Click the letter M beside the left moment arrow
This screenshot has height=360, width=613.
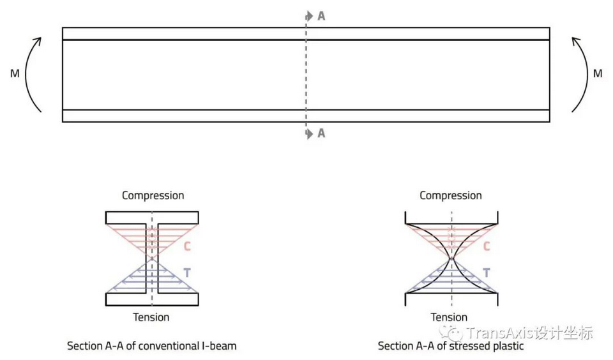[15, 74]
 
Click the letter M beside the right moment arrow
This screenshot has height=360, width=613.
[598, 74]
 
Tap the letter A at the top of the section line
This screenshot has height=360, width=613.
[321, 16]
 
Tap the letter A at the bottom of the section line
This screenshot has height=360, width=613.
[321, 133]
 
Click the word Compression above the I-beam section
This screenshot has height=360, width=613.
[153, 195]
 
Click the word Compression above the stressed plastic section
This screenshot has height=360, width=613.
[451, 195]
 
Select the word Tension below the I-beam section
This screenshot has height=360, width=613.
[151, 317]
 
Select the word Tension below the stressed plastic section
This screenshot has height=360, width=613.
[449, 317]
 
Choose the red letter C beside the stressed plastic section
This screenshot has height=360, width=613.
[486, 246]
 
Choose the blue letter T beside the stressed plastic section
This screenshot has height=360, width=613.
[486, 273]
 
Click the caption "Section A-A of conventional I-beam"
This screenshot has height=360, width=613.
[152, 346]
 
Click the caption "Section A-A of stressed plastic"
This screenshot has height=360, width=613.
[451, 346]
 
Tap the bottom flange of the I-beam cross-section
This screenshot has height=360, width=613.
[152, 299]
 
